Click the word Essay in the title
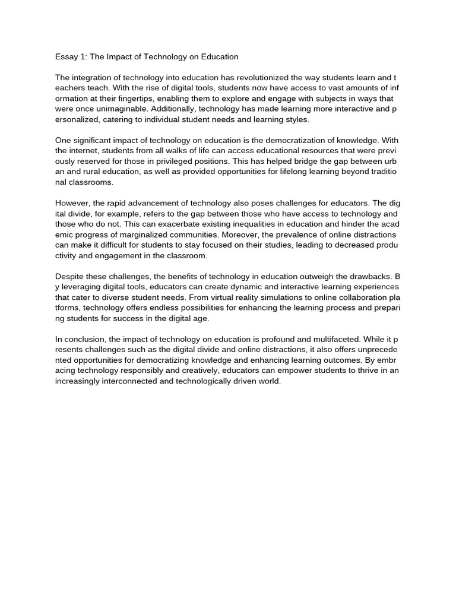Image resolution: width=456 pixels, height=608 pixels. (66, 57)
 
